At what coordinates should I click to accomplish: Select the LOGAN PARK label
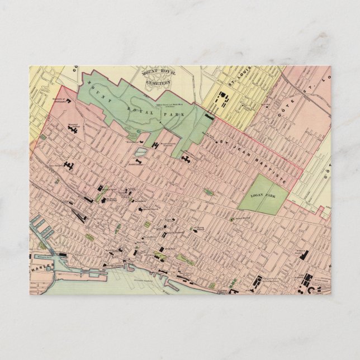tap(260, 195)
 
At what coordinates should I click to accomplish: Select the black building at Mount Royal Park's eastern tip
tap(209, 117)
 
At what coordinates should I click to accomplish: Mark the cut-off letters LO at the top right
tap(329, 73)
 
